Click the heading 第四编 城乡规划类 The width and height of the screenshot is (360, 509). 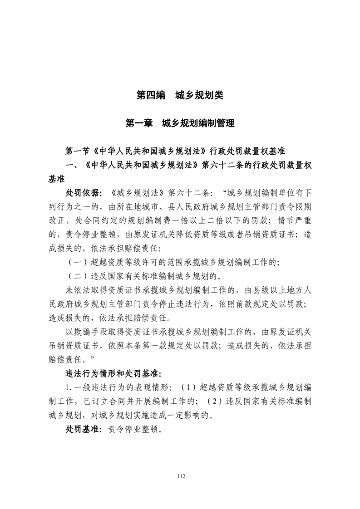(x=180, y=96)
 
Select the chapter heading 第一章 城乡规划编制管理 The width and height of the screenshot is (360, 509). (x=180, y=123)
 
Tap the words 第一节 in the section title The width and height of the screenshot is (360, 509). (x=78, y=150)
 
